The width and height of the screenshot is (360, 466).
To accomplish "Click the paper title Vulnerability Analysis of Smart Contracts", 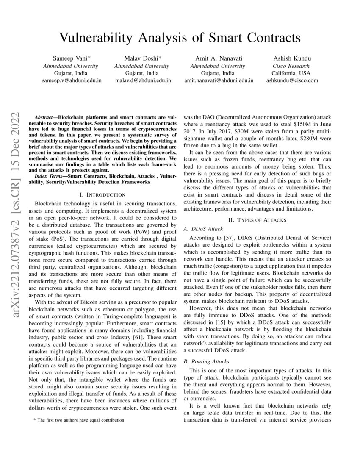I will [180, 38].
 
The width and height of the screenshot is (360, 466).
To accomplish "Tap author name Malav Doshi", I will [141, 58].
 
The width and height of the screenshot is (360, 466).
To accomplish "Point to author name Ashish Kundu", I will [291, 58].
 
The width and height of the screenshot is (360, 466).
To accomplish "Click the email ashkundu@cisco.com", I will [292, 80].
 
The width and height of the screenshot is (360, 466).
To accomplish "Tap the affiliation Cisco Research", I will [291, 66].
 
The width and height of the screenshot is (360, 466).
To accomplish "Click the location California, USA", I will [291, 73].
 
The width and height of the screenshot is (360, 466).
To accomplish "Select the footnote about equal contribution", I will [79, 420].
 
